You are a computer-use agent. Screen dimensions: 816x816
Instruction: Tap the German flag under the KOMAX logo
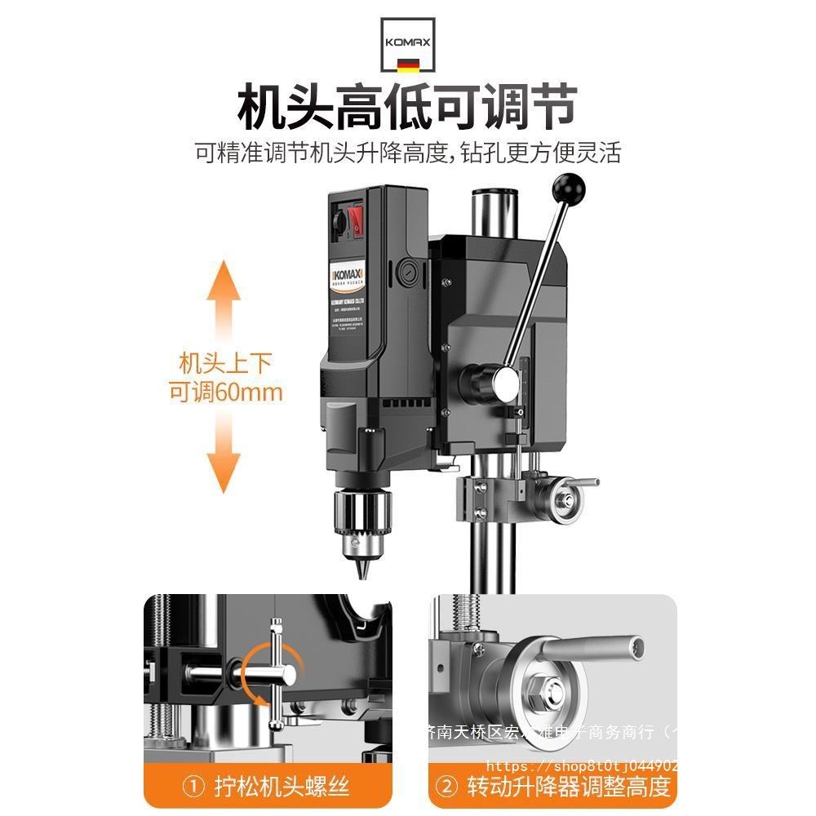(408, 64)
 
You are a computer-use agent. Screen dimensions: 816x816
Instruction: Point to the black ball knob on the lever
(568, 188)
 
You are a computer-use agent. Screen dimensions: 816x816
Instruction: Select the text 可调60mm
(225, 392)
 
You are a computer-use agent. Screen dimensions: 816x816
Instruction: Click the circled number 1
(193, 787)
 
